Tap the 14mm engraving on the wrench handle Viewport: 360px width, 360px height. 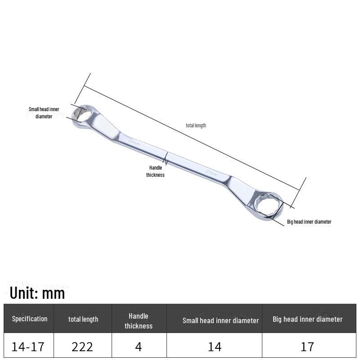coord(134,142)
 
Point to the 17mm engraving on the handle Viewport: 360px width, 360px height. coord(211,173)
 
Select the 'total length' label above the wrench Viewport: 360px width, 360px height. coord(196,126)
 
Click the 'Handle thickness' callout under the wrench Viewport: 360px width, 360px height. coord(155,171)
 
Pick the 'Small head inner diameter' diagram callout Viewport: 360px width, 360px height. coord(44,113)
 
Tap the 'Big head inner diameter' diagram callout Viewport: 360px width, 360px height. coord(309,222)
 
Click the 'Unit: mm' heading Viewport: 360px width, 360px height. coord(37,293)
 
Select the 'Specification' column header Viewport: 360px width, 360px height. coord(30,319)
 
